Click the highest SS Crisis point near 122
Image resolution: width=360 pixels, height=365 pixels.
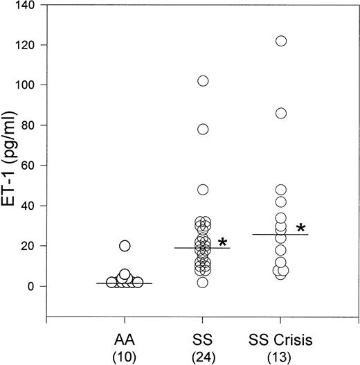[280, 41]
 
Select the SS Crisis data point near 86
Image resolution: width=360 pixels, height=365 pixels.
[280, 114]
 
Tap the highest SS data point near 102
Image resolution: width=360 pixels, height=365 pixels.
[203, 81]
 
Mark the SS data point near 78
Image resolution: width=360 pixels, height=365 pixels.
[203, 130]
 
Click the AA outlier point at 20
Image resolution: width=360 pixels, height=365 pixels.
[125, 246]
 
